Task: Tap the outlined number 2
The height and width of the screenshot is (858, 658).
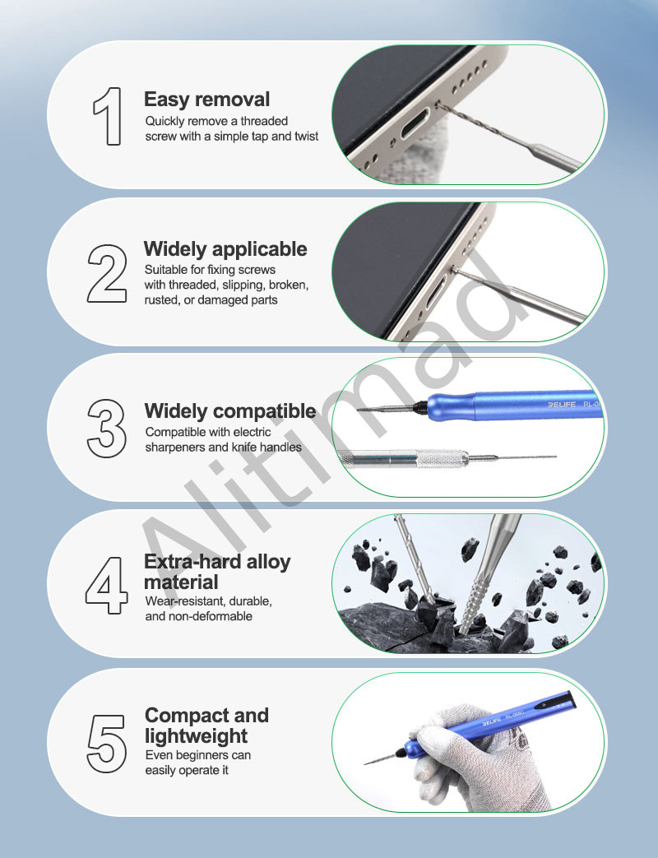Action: coord(107,274)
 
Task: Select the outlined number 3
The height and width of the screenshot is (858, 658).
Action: coord(107,429)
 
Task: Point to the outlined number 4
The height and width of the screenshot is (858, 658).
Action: coord(107,586)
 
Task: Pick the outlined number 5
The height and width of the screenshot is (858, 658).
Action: coord(107,744)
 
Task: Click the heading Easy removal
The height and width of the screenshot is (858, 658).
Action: coord(206,100)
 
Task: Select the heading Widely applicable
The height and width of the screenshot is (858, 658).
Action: coord(225,249)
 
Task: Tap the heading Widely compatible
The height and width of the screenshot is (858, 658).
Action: coord(230,411)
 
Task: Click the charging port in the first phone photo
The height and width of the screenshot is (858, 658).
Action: coord(415,123)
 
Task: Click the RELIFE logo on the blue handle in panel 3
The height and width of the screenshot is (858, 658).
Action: coord(562,405)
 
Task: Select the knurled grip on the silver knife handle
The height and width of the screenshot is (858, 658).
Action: coord(443,458)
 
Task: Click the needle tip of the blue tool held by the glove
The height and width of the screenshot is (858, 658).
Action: coord(365,763)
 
